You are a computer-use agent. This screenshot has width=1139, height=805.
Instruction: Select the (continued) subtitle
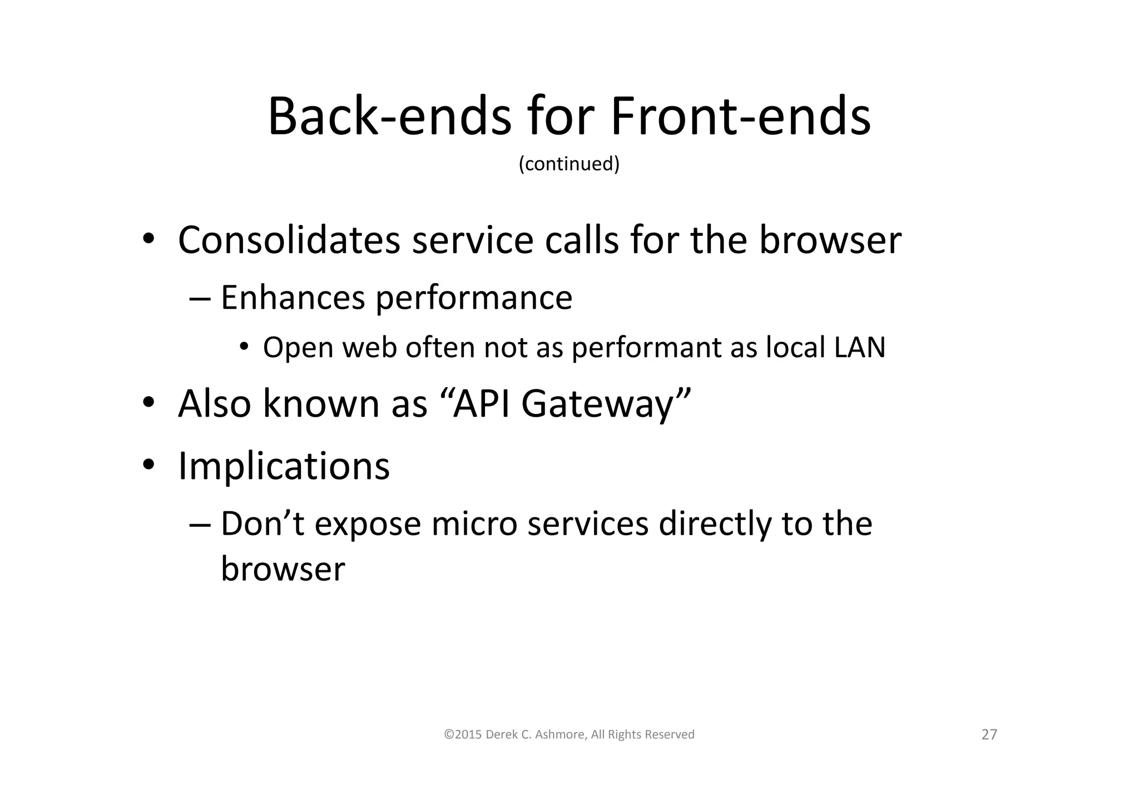coord(569,164)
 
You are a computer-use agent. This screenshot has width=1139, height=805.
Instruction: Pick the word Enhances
coord(293,298)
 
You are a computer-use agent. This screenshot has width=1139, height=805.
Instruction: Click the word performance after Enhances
coord(474,299)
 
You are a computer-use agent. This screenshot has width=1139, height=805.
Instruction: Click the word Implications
coord(284,466)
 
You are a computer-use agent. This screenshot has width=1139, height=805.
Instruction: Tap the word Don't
coord(263,524)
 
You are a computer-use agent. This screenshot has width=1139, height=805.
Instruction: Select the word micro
coord(474,524)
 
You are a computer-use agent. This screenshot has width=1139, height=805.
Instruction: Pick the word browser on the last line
coord(283,569)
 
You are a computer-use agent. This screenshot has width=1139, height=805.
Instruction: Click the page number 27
coord(989,735)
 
